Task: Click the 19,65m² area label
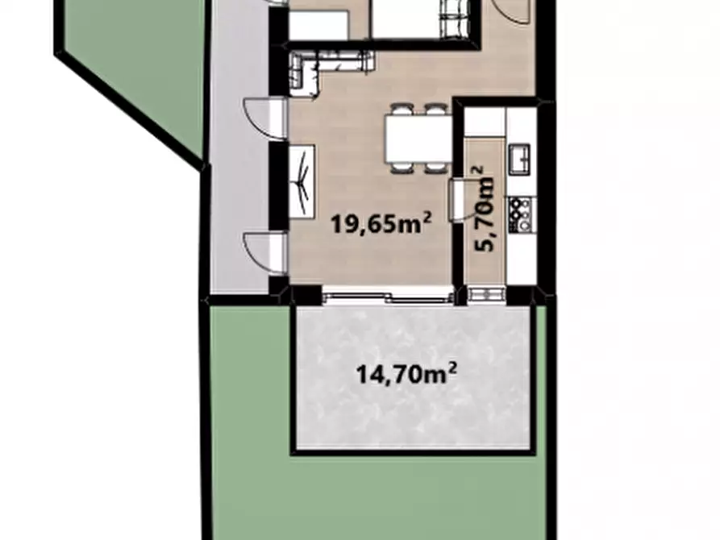381,224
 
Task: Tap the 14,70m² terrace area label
406,374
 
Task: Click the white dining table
418,139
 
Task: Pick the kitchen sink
519,158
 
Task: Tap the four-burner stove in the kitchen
520,214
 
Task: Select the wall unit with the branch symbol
302,182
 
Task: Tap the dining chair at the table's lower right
435,168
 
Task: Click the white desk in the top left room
318,25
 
